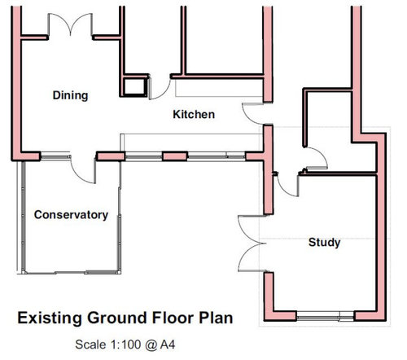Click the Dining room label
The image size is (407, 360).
[70, 95]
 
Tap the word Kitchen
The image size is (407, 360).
[194, 114]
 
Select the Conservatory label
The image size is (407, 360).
[71, 215]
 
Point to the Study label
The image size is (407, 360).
[324, 243]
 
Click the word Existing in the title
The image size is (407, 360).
[50, 318]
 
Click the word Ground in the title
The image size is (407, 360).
[117, 318]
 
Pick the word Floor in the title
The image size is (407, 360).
[173, 318]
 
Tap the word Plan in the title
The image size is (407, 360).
[216, 318]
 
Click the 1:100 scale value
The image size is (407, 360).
[125, 345]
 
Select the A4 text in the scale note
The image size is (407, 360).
[168, 345]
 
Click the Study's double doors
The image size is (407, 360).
[252, 244]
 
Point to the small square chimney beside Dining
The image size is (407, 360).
[134, 86]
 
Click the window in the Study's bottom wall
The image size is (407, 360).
[326, 316]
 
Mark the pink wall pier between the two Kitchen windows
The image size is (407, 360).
[175, 156]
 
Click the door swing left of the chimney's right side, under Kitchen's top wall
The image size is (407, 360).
[160, 88]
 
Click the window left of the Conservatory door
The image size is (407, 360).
[55, 156]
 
